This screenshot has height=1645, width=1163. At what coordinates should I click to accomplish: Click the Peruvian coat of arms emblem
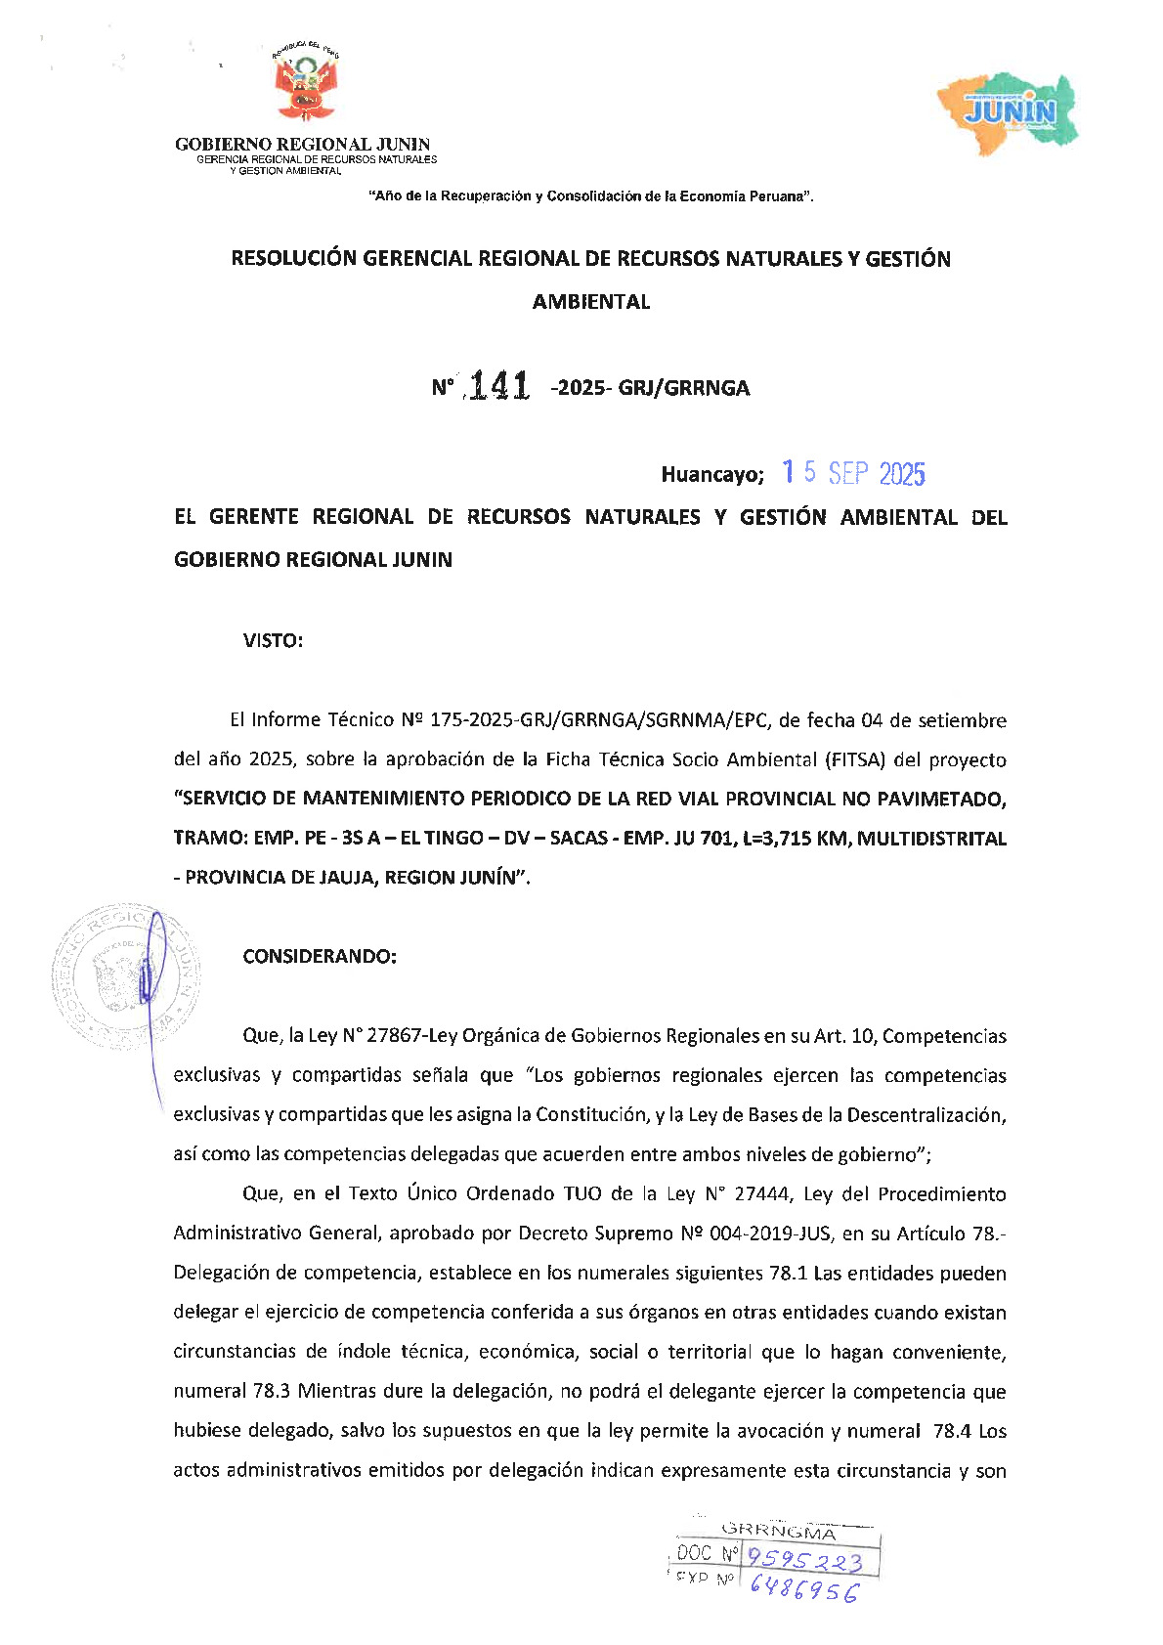pyautogui.click(x=305, y=87)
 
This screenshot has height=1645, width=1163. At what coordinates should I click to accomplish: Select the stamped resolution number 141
pyautogui.click(x=498, y=387)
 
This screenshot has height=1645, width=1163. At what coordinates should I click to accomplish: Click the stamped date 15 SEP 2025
pyautogui.click(x=853, y=474)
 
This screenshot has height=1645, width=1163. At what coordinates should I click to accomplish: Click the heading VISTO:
pyautogui.click(x=273, y=641)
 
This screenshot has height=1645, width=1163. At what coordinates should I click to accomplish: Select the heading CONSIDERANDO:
pyautogui.click(x=320, y=957)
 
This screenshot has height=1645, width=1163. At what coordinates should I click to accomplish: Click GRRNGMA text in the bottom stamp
pyautogui.click(x=778, y=1531)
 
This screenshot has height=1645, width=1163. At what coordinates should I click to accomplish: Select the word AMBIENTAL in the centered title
pyautogui.click(x=591, y=302)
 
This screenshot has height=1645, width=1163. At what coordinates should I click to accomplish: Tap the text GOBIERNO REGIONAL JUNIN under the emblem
pyautogui.click(x=302, y=145)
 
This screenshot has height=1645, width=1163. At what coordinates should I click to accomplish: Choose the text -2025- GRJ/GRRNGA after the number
pyautogui.click(x=650, y=388)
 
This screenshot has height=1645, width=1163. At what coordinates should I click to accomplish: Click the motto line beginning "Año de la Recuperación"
pyautogui.click(x=591, y=196)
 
